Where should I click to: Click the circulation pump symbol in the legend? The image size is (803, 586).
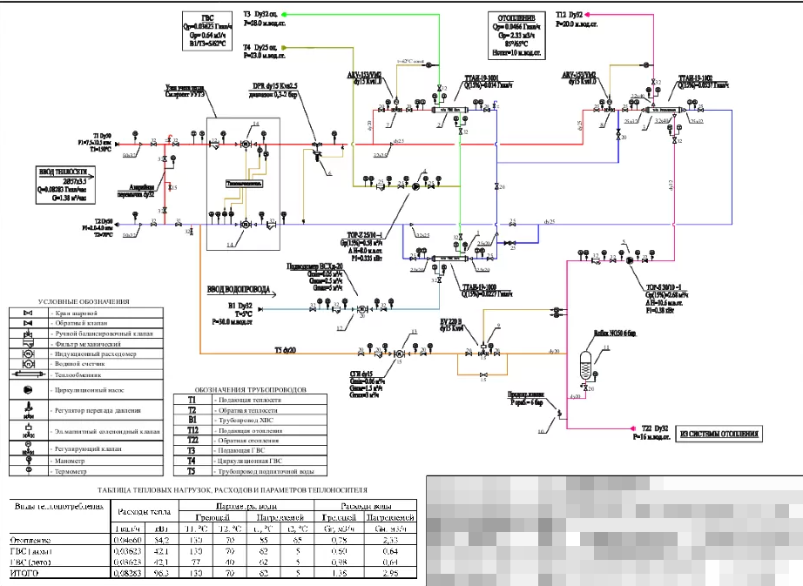point(28,388)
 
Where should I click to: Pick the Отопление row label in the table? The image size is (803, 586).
point(30,541)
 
